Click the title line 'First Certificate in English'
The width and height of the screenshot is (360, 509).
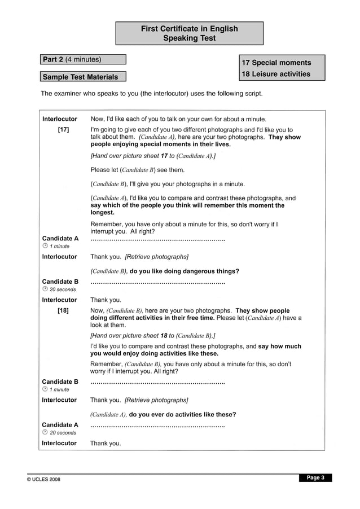point(190,29)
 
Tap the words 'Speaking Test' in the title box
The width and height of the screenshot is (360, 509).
point(190,38)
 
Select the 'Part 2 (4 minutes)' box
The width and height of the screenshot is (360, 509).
point(83,59)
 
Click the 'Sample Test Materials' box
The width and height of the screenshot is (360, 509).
point(83,77)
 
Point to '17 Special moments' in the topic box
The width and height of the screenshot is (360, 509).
point(276,63)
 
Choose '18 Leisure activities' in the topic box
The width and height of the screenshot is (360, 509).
point(276,74)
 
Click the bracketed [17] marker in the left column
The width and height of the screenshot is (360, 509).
point(63,130)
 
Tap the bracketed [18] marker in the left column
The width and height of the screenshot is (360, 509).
point(63,311)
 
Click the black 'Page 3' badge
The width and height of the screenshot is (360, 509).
point(315,477)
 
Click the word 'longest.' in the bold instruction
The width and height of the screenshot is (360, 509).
point(103,213)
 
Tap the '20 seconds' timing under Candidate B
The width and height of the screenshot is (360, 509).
point(63,289)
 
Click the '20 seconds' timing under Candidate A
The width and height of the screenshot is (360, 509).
point(63,433)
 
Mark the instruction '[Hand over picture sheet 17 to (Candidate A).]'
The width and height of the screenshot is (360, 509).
point(153,155)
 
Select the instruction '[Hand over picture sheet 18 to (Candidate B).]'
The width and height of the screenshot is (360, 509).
point(153,335)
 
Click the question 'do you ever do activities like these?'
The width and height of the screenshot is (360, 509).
point(182,414)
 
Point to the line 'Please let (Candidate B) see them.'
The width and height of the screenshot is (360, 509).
point(138,169)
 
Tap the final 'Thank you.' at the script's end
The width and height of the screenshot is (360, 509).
point(106,443)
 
